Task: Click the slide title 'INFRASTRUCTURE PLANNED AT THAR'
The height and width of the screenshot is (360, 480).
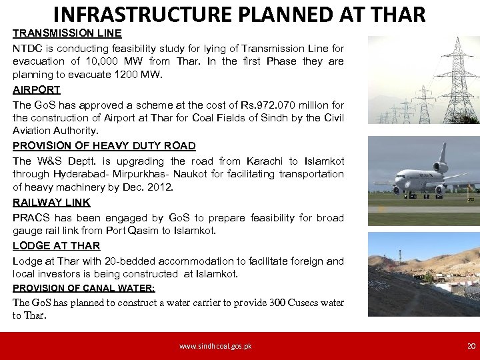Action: coord(239,14)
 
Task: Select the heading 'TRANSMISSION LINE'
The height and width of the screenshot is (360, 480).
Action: coord(67,33)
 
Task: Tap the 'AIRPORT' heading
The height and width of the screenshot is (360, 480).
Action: coord(37,89)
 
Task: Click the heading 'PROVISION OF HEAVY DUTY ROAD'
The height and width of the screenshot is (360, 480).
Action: coord(104,145)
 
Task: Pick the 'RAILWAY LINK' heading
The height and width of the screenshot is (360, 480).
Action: coord(51,202)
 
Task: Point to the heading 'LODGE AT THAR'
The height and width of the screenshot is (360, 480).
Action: coord(57,246)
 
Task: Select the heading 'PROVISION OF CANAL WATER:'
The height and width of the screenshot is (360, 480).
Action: coord(84,288)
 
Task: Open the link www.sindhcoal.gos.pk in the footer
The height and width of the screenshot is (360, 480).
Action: coord(215,346)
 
